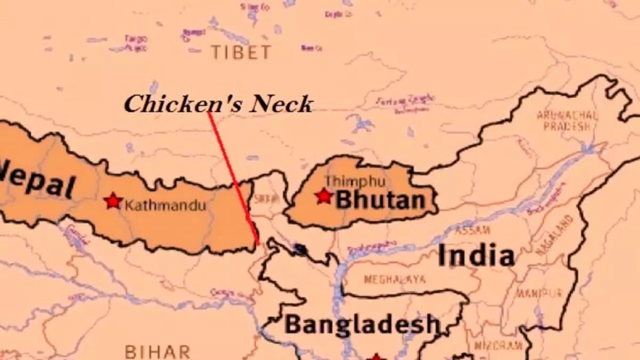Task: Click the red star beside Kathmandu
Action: click(x=113, y=201)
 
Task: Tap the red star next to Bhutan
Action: click(x=324, y=196)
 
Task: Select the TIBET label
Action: click(x=241, y=52)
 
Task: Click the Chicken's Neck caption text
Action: click(x=218, y=104)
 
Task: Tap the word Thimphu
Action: click(x=355, y=181)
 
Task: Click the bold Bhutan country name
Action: click(x=380, y=201)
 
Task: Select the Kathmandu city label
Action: click(x=165, y=205)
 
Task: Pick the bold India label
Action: click(x=476, y=255)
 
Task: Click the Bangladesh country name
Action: click(x=362, y=324)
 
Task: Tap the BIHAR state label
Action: click(x=157, y=352)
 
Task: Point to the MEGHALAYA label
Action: click(x=395, y=279)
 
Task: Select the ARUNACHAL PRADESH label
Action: click(x=567, y=121)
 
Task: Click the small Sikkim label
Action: click(x=266, y=199)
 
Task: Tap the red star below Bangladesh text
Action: click(x=376, y=356)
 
